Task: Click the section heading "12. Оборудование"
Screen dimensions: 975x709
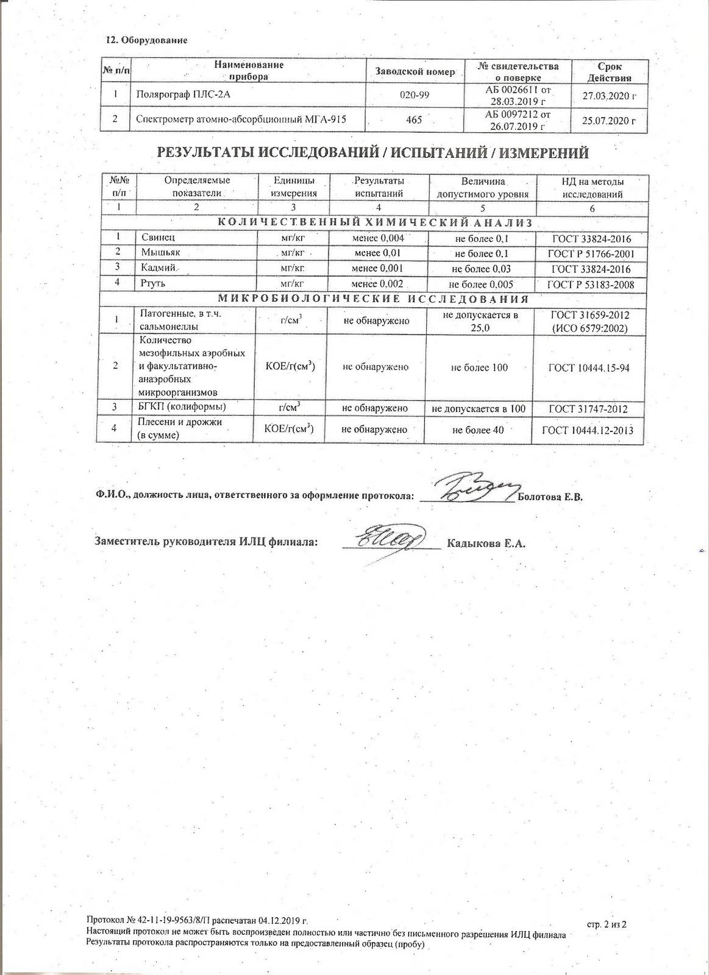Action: (146, 40)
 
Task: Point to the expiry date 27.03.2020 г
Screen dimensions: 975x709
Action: (609, 96)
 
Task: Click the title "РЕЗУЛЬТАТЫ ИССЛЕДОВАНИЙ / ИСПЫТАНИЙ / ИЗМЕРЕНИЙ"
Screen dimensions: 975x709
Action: (373, 153)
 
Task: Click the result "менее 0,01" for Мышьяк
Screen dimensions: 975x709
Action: (379, 253)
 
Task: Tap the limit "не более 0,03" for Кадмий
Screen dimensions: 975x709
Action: (481, 269)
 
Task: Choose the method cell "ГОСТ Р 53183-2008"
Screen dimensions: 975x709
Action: (590, 285)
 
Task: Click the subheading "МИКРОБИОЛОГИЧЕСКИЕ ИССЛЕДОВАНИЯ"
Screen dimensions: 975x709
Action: (373, 299)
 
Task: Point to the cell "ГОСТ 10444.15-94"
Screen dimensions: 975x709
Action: (589, 367)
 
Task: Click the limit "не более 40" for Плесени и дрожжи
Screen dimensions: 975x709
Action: (479, 430)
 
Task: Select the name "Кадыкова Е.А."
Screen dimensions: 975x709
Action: (485, 544)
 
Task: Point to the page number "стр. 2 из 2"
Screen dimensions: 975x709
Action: (607, 941)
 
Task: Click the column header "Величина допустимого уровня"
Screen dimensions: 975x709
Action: (482, 188)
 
